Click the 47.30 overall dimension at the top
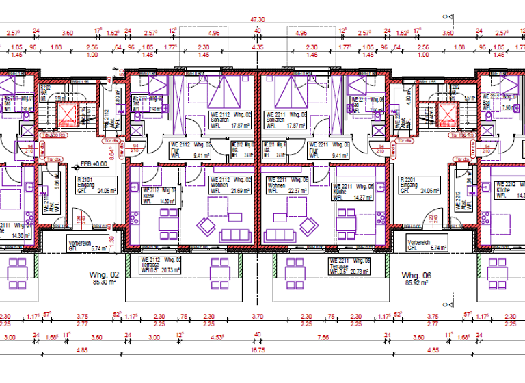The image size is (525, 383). click(x=258, y=21)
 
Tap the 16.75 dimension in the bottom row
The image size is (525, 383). click(x=258, y=349)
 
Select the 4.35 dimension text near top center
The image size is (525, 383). click(x=258, y=47)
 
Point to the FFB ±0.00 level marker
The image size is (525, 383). click(x=94, y=164)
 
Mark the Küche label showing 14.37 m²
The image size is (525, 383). click(x=353, y=191)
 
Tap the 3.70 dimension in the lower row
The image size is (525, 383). click(x=257, y=316)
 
